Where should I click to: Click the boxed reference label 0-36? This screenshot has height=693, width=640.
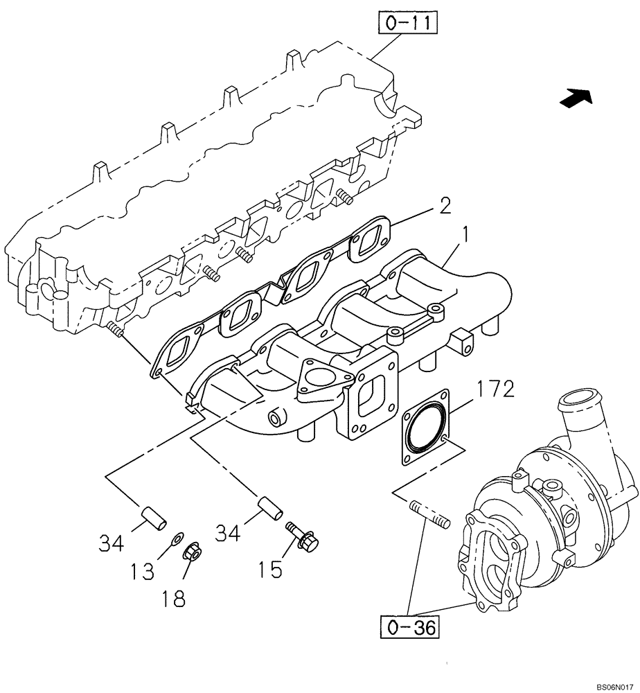(x=409, y=629)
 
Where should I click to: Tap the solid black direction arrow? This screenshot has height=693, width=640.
(x=576, y=99)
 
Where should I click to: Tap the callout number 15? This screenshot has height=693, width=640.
(x=272, y=570)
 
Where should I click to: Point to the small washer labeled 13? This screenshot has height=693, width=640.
(x=177, y=536)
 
